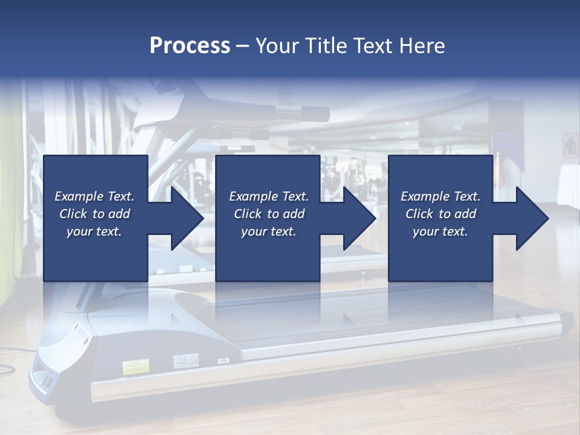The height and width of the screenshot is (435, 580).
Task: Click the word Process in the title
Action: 190,46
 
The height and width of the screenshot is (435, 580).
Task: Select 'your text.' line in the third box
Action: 440,231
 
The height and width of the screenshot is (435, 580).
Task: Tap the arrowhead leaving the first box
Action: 184,218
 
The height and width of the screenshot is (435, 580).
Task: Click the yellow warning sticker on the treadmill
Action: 136,366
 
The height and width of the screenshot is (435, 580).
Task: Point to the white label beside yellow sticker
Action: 182,362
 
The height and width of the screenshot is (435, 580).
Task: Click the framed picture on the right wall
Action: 570,146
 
